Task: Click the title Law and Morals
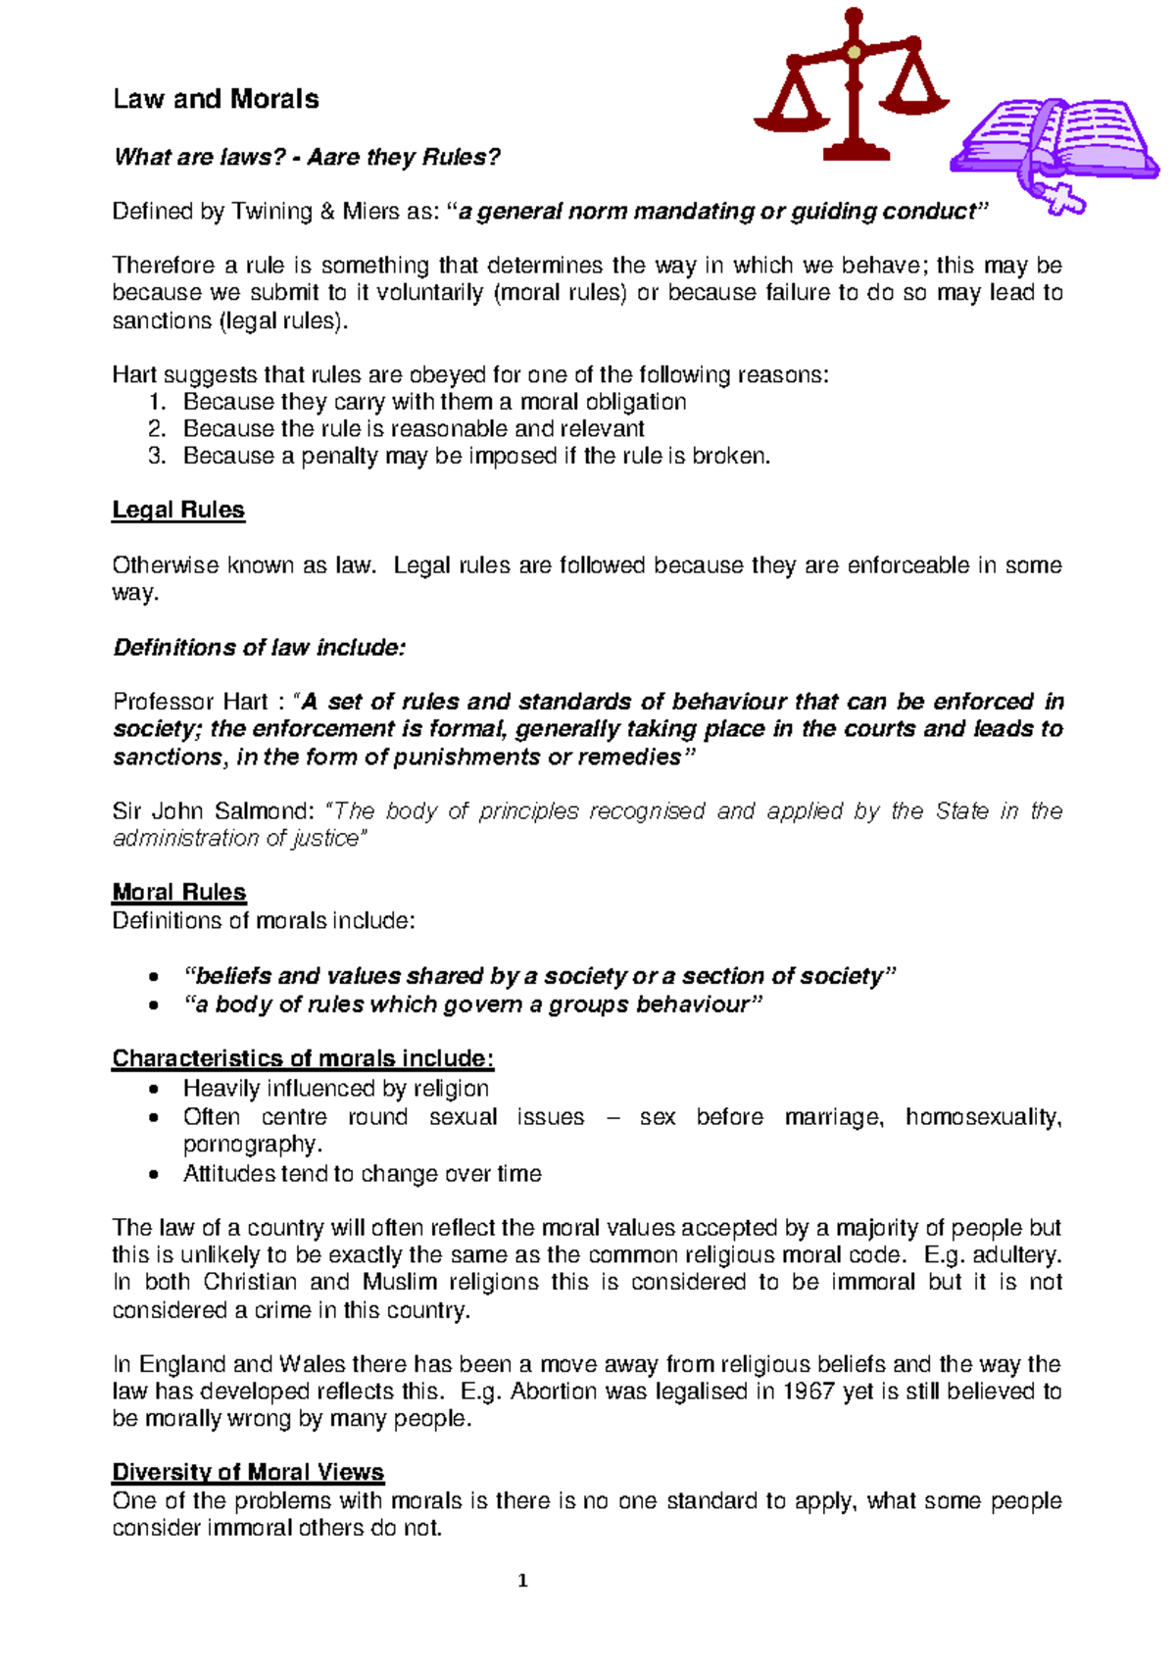coord(216,99)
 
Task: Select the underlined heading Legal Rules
coord(178,511)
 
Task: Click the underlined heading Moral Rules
coord(179,892)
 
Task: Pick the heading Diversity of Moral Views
coord(248,1472)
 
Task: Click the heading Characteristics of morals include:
coord(303,1058)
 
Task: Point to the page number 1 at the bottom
coord(522,1580)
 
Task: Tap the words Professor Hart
coord(190,702)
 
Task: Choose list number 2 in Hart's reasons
coord(157,429)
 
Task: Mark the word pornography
coord(251,1145)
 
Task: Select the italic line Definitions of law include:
coord(259,648)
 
